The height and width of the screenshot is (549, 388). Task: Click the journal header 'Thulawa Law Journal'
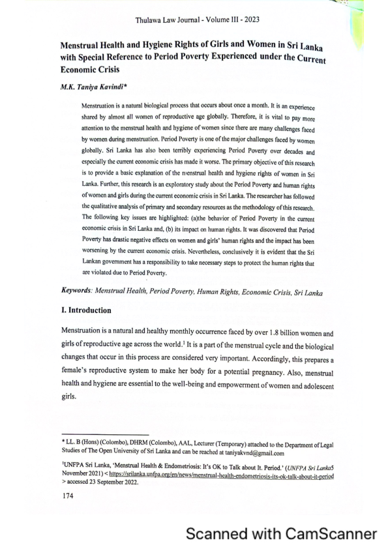170,21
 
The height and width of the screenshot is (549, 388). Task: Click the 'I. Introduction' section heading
85,310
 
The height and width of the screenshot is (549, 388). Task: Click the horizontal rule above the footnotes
105,434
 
